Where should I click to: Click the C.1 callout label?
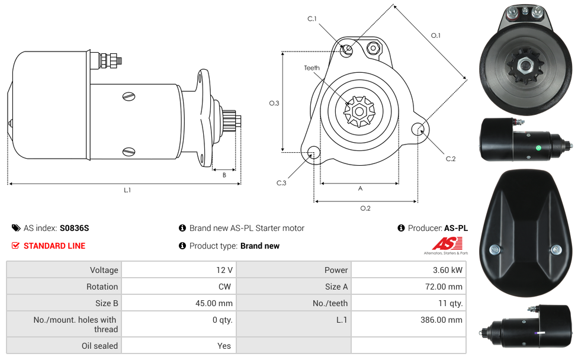tap(312, 19)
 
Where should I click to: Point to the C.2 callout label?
tap(451, 159)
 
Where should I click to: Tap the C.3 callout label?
tap(281, 183)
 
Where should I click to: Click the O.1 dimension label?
tap(435, 36)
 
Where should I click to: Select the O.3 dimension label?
tap(274, 103)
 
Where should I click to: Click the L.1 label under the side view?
tap(127, 190)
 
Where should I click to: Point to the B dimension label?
tap(224, 175)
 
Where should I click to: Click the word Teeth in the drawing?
tap(312, 68)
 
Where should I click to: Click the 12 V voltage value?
tap(224, 270)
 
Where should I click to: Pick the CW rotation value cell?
tap(225, 287)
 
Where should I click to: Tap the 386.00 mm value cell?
tap(439, 320)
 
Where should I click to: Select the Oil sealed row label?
tap(99, 346)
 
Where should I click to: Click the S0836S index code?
tap(75, 228)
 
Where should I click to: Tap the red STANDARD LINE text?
tap(54, 246)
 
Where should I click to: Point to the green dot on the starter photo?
tap(537, 148)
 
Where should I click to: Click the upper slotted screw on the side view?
tap(129, 96)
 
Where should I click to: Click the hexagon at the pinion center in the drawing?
tap(358, 111)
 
